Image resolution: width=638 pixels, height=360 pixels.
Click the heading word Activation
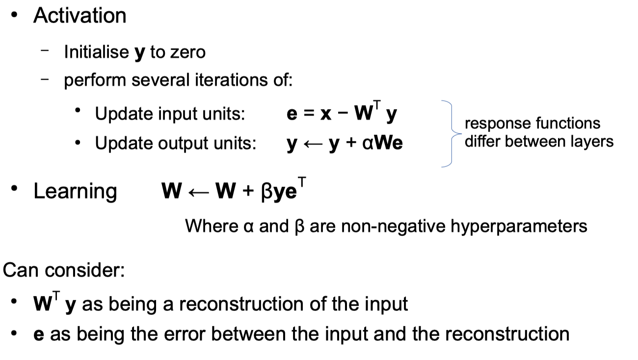[x=80, y=16]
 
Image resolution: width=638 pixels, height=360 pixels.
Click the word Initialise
[x=96, y=52]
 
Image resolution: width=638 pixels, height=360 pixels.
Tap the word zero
[x=187, y=52]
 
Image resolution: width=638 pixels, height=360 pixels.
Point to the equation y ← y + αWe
[x=345, y=144]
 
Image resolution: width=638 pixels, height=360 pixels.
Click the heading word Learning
[x=75, y=191]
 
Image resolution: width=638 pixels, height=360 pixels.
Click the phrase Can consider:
[x=64, y=270]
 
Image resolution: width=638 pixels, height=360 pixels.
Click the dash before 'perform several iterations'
[x=45, y=79]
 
